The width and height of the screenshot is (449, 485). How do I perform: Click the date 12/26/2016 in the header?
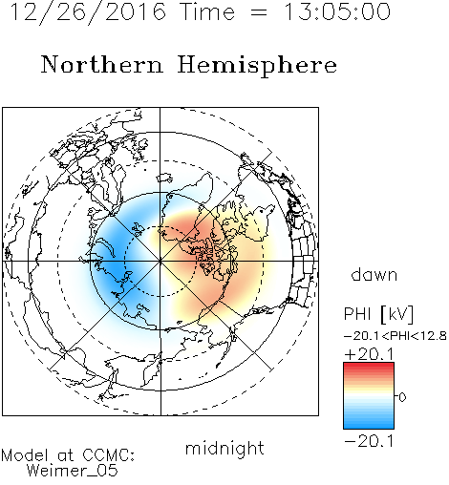click(88, 12)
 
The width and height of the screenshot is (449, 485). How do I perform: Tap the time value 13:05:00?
click(337, 11)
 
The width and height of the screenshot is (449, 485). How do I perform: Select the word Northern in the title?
click(102, 64)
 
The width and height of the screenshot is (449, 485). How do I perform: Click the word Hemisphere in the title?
click(257, 66)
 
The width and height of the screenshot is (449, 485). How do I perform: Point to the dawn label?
click(374, 274)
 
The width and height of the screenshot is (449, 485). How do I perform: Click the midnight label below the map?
click(224, 448)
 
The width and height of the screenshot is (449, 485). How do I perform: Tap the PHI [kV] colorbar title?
click(378, 314)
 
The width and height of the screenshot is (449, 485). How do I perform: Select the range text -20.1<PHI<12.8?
click(396, 336)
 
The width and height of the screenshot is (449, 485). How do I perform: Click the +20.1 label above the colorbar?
click(370, 354)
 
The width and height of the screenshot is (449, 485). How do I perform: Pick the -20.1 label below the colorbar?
click(370, 441)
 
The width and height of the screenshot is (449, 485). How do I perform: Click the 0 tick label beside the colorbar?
click(402, 397)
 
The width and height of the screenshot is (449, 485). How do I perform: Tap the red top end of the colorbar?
click(369, 365)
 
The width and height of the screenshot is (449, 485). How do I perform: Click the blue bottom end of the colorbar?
click(369, 426)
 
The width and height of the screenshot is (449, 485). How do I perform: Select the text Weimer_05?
click(73, 471)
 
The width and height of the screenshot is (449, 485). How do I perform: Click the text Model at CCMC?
click(68, 454)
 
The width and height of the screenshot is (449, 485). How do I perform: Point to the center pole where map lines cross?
click(160, 262)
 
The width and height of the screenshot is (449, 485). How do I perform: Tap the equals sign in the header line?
click(259, 12)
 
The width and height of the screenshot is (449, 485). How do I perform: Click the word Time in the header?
click(207, 11)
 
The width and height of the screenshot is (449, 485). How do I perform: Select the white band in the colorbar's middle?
click(369, 396)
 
